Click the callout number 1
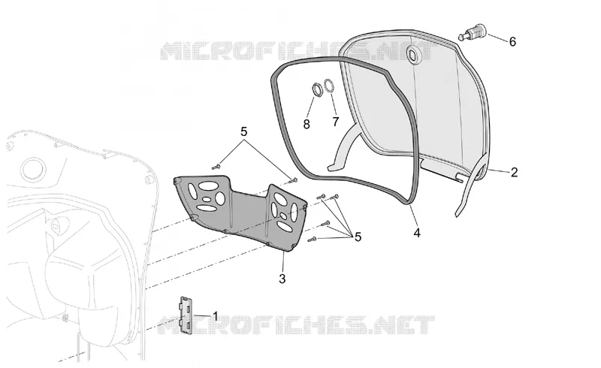click(215, 316)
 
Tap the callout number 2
click(514, 172)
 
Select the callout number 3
click(282, 279)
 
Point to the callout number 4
click(417, 233)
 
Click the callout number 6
click(512, 41)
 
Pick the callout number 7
click(336, 122)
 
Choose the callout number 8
click(307, 124)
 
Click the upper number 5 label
click(243, 131)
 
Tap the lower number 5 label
click(358, 237)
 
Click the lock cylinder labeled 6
click(473, 32)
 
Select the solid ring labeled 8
click(317, 89)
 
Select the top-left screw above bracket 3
click(216, 167)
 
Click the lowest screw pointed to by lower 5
click(313, 240)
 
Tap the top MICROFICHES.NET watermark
click(297, 51)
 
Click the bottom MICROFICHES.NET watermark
click(297, 325)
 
